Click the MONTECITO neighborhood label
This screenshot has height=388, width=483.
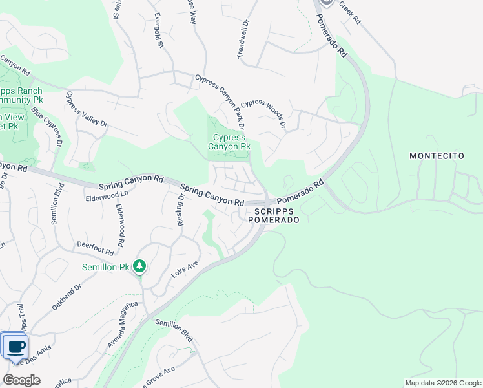coord(437,156)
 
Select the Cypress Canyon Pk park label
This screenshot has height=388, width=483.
coord(229,142)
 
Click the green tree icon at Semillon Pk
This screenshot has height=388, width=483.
coord(139,266)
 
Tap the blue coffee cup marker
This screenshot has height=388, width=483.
coord(15,346)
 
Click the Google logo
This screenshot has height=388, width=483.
coord(22,380)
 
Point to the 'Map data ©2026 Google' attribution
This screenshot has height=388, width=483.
coord(442,382)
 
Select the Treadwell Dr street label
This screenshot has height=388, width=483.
coord(244,40)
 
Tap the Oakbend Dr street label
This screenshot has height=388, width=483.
coord(67,296)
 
